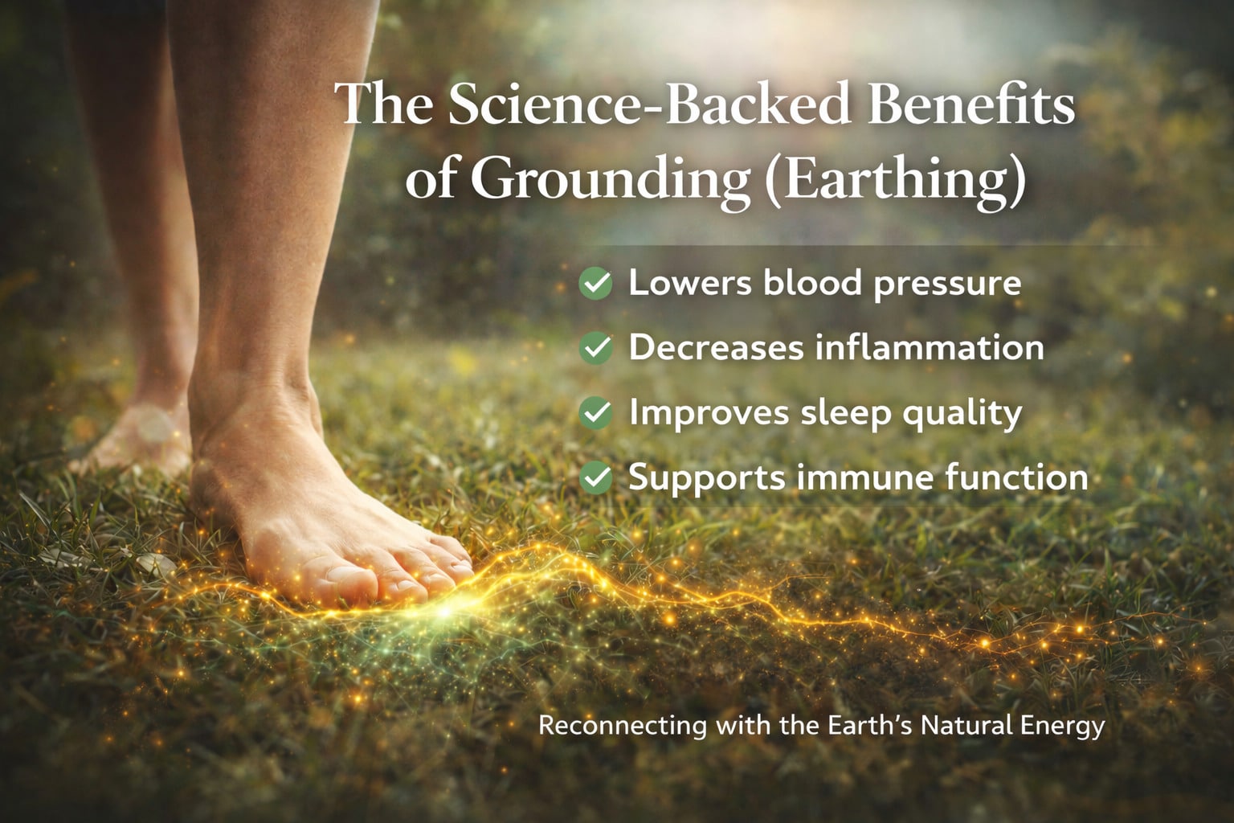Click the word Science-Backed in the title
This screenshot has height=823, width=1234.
648,104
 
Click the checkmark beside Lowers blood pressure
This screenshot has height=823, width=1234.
595,284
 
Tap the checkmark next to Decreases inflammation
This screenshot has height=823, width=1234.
595,348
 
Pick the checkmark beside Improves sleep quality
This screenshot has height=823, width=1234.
595,413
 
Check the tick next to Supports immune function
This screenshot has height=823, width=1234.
595,478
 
